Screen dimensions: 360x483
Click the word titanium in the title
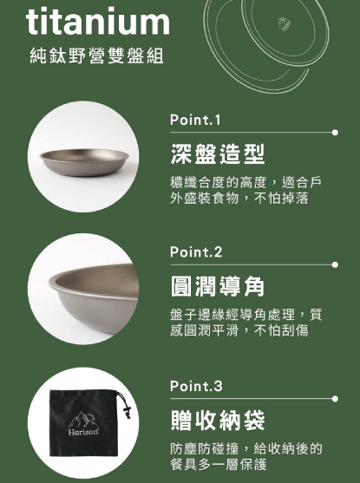coord(98,22)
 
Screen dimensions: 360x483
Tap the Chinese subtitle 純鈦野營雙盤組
coord(96,55)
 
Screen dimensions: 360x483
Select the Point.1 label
coord(195,120)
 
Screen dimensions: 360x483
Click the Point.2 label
coord(196,251)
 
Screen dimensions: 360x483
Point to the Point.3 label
coord(196,386)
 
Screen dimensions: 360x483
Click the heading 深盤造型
coord(217,154)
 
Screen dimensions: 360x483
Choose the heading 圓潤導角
coord(217,286)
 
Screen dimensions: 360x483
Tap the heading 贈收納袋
coord(217,421)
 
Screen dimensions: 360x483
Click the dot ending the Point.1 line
coord(335,133)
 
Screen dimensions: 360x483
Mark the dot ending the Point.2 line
coord(335,264)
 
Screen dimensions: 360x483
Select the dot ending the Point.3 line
coord(335,399)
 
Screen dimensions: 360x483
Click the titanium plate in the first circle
coord(84,162)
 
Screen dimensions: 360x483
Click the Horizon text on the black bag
coord(83,432)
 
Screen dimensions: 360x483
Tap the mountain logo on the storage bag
coord(82,419)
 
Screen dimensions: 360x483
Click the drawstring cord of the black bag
coord(125,404)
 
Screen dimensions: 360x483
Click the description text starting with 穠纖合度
coord(245,190)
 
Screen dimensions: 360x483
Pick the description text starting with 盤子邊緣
coord(245,323)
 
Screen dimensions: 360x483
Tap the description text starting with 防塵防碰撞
coord(245,456)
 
